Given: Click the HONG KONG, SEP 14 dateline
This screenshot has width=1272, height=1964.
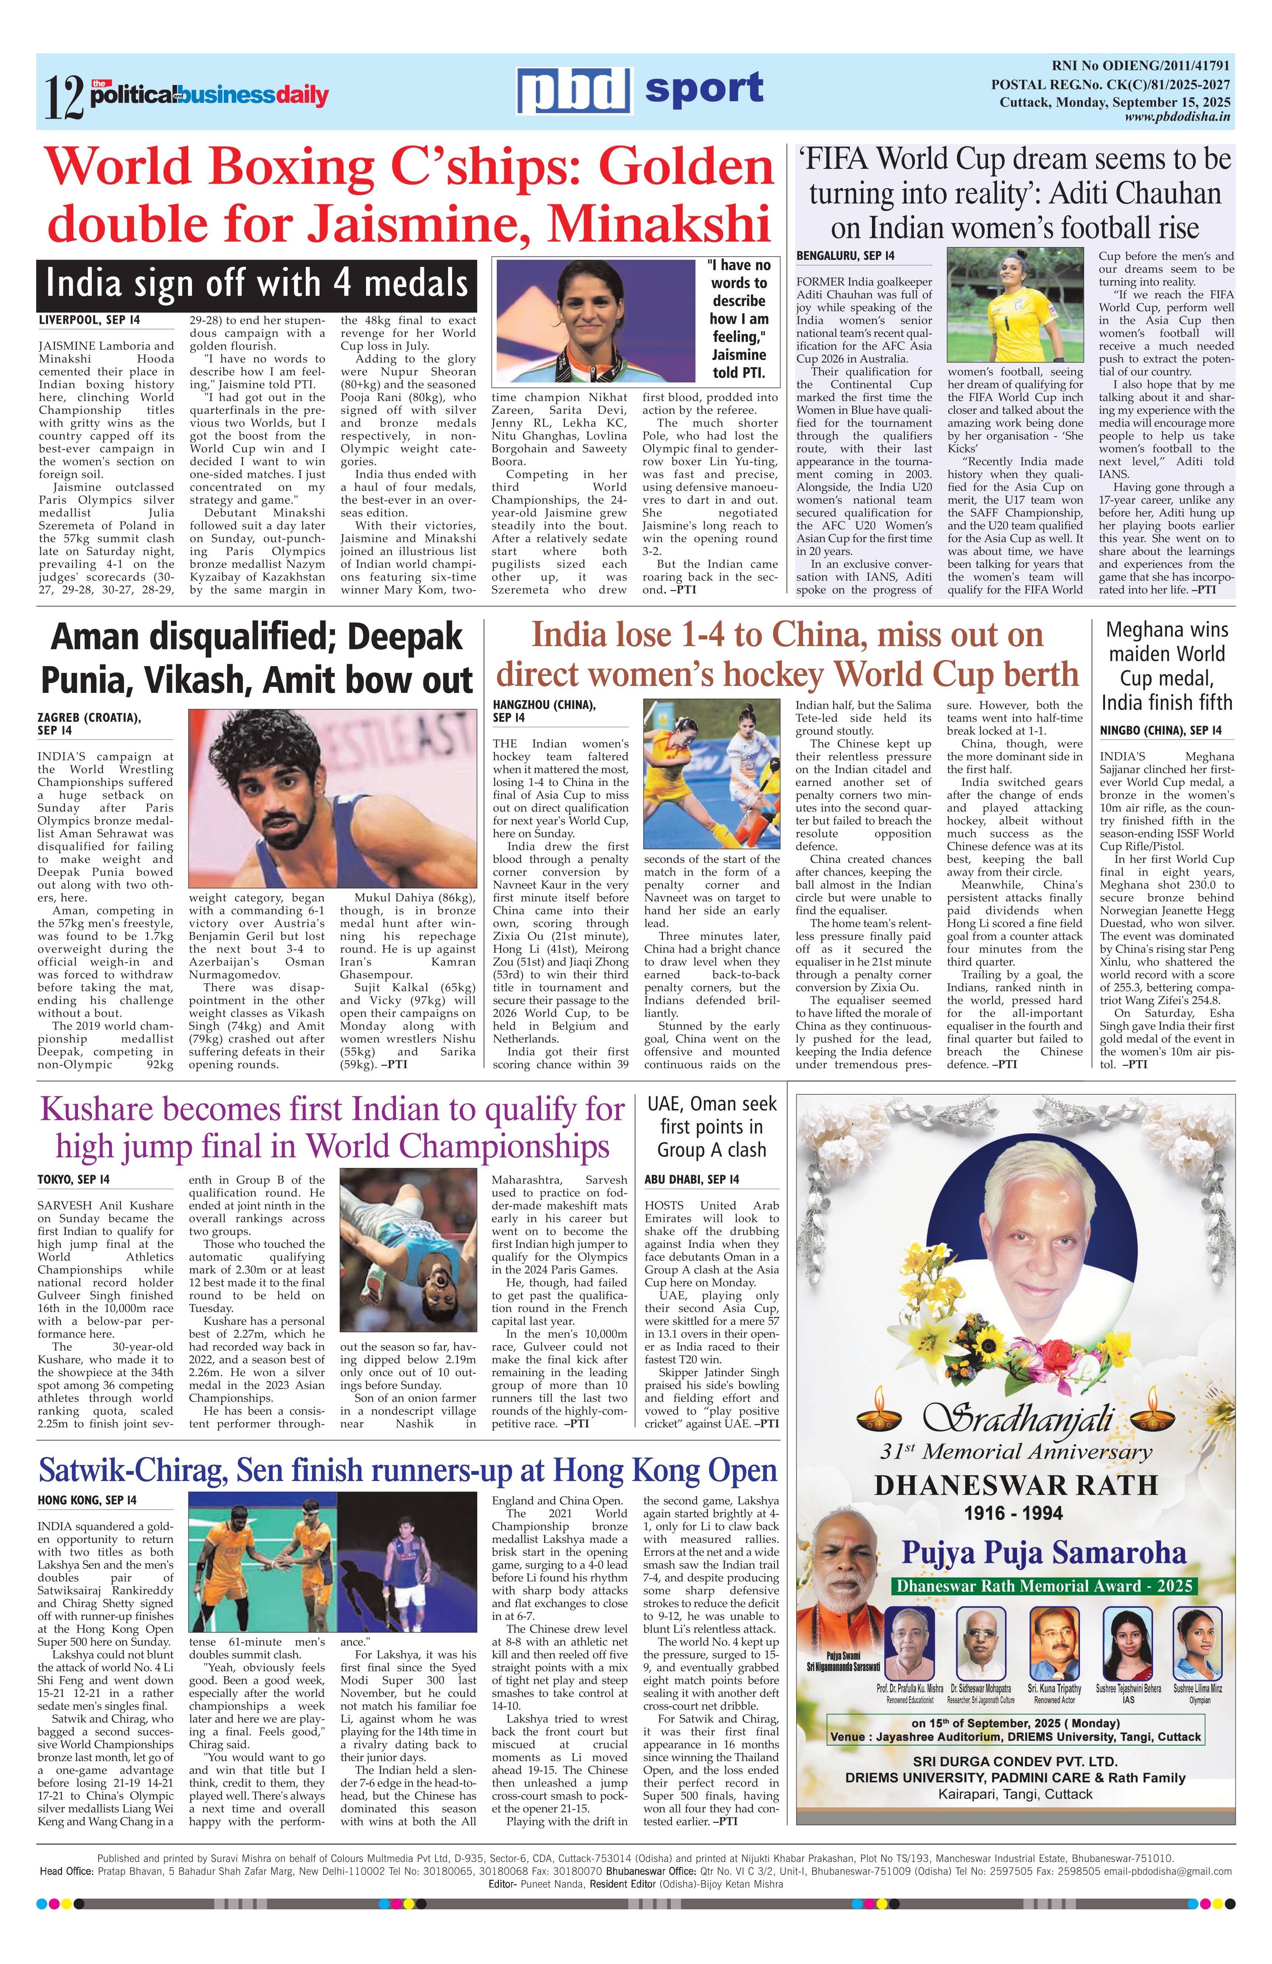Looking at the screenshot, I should pyautogui.click(x=88, y=1500).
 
